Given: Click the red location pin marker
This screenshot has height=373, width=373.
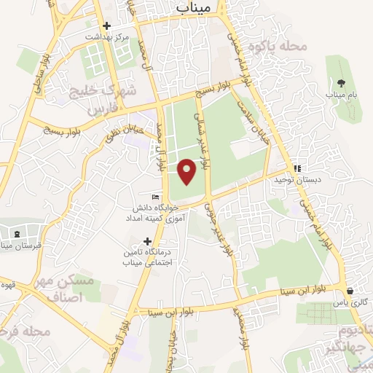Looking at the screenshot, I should tap(187, 170).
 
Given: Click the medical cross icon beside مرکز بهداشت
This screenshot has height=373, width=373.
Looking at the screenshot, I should tap(106, 25).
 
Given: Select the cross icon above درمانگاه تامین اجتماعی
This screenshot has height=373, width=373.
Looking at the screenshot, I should tap(148, 241).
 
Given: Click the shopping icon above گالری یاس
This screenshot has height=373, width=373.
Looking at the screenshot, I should tap(350, 291).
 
